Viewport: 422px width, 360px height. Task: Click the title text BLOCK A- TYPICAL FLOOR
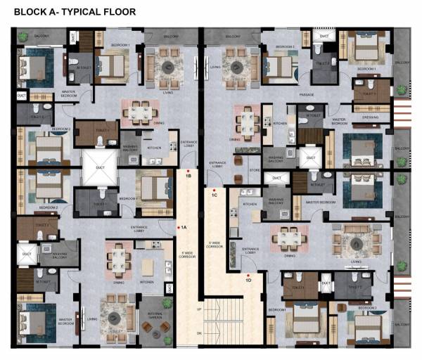pyautogui.click(x=75, y=12)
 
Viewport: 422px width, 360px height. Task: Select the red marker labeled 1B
pyautogui.click(x=187, y=170)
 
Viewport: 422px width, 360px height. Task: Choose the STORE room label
pyautogui.click(x=255, y=169)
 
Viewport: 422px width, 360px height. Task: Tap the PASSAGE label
pyautogui.click(x=306, y=91)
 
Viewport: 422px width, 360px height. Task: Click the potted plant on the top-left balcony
pyautogui.click(x=24, y=37)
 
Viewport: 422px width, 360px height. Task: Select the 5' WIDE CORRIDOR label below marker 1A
pyautogui.click(x=187, y=252)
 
